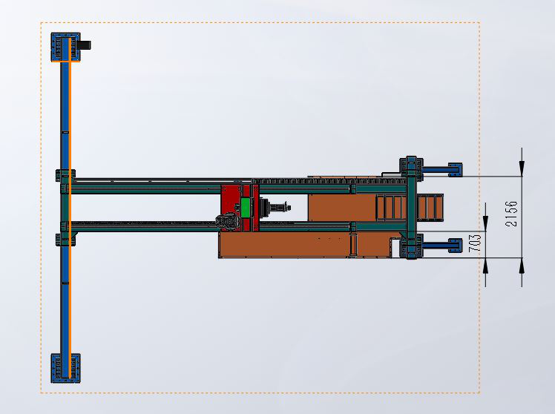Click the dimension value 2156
click(511, 214)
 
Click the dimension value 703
click(475, 243)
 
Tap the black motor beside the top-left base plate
click(85, 45)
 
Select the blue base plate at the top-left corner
click(65, 47)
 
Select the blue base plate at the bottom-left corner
click(65, 368)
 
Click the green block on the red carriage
click(246, 207)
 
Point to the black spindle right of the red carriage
click(275, 207)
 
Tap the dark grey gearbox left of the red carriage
click(228, 222)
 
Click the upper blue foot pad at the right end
click(455, 170)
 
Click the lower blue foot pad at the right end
click(455, 246)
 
